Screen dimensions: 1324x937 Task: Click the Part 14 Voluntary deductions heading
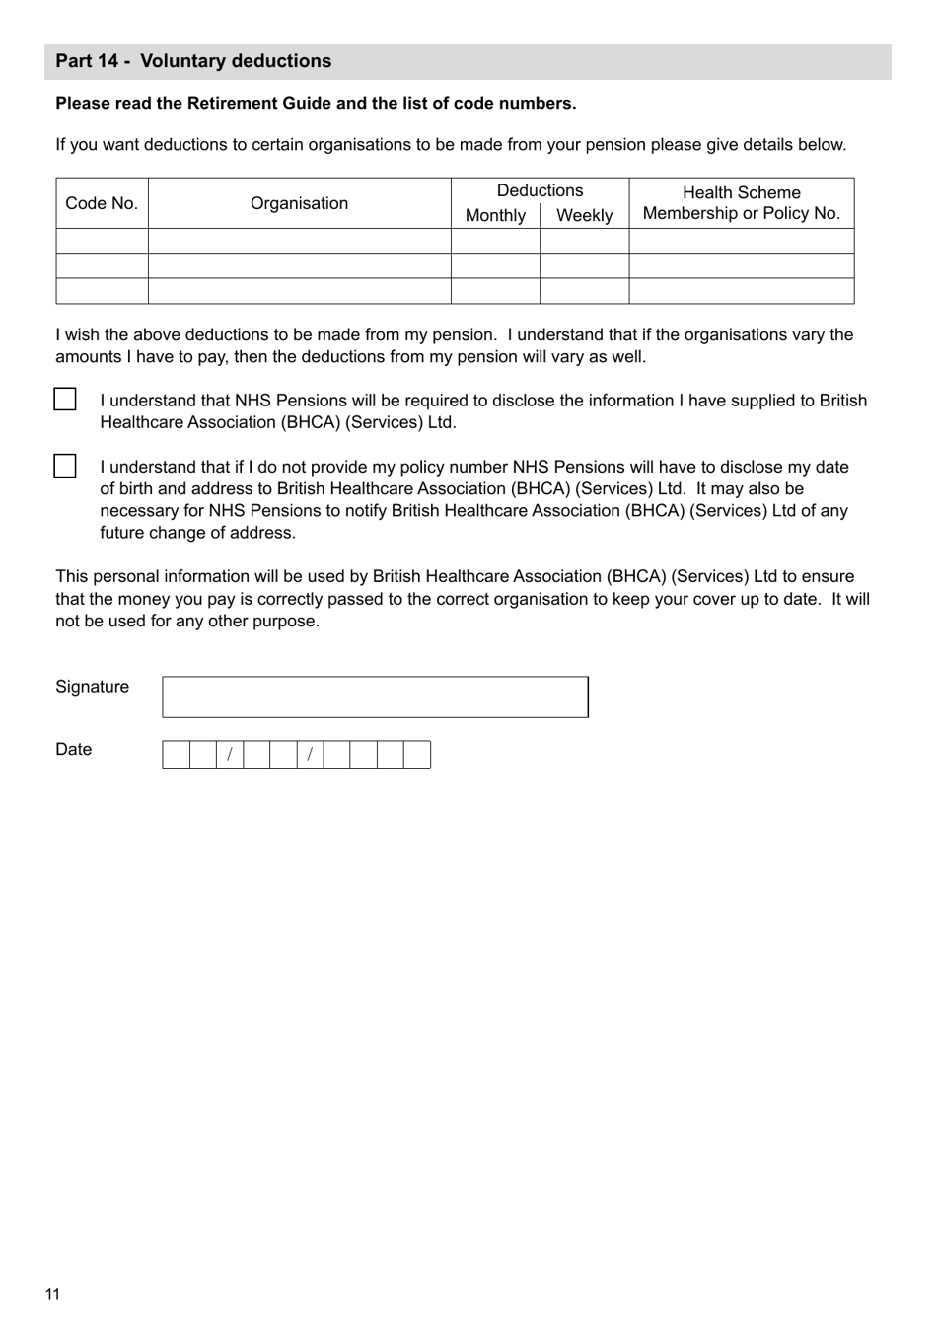193,61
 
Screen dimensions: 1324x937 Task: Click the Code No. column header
102,203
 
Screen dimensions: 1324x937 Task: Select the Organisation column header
299,203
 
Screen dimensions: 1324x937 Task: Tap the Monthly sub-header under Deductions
495,215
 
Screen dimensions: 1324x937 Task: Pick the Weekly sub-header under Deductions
584,215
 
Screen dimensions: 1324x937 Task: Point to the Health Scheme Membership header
741,203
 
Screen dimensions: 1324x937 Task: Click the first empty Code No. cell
102,242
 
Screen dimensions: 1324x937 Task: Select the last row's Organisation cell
299,291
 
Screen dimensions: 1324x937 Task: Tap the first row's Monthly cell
495,242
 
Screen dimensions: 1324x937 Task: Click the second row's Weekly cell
584,266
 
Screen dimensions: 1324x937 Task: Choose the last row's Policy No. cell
741,291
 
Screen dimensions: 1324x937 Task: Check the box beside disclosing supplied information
65,400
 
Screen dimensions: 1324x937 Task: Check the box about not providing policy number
65,466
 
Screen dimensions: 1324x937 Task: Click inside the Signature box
375,697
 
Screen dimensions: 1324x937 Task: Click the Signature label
92,687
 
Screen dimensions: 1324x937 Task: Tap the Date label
73,749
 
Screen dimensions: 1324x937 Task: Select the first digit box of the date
176,755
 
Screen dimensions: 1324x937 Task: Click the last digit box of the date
417,755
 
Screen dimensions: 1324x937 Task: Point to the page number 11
52,1294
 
